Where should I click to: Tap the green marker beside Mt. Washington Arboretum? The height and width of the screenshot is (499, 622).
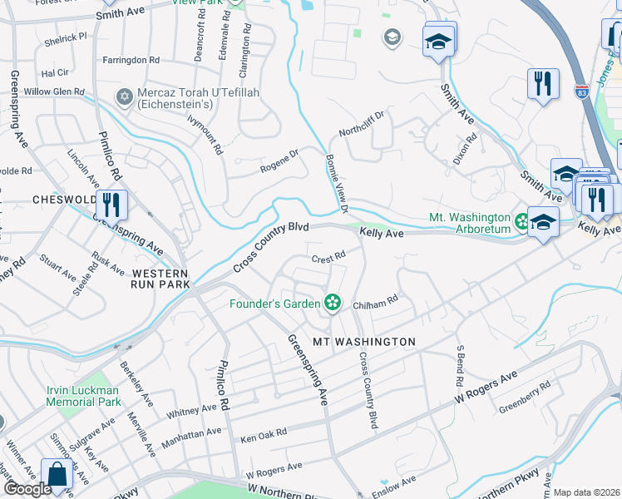tap(521, 221)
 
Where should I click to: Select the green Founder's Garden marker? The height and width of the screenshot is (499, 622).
tap(333, 303)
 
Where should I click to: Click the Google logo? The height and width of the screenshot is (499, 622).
tap(27, 489)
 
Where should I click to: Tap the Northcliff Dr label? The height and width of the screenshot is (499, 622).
tap(362, 124)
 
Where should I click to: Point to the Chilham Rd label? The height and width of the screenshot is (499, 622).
tap(376, 305)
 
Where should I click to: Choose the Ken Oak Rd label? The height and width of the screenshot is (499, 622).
tap(263, 434)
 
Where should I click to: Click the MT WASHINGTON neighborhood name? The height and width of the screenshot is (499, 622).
tap(363, 342)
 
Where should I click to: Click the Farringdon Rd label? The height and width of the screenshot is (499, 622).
tap(131, 60)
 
